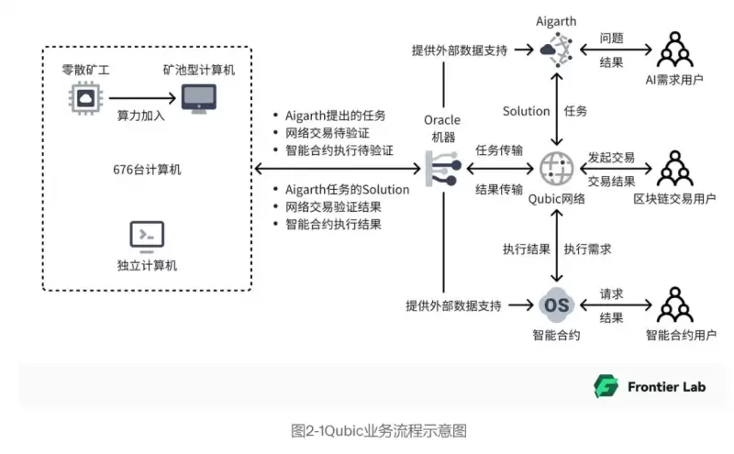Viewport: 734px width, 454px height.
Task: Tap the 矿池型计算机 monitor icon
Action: click(198, 98)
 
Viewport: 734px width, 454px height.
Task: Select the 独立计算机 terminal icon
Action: click(147, 237)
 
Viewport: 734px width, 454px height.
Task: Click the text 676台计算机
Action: click(147, 169)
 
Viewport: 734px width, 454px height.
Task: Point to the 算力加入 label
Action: click(139, 116)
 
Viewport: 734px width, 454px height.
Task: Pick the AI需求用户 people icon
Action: click(674, 50)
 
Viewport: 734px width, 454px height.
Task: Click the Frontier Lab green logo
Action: click(606, 385)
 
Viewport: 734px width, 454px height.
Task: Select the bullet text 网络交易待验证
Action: click(326, 133)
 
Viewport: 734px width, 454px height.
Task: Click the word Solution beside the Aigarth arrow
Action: click(526, 111)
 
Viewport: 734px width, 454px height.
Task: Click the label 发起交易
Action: click(611, 158)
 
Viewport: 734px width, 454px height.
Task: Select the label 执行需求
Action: click(587, 249)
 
